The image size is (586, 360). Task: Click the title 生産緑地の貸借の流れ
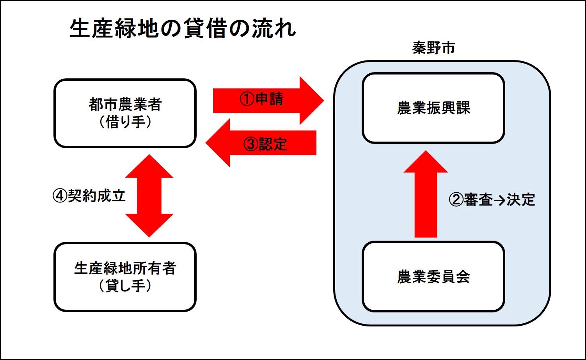tap(183, 28)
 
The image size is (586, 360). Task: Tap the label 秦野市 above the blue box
tap(433, 48)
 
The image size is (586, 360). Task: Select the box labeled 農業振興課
tap(433, 108)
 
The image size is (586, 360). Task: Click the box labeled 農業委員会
tap(433, 277)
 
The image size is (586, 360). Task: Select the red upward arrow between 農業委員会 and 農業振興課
tap(426, 195)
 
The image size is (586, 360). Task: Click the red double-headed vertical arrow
tap(149, 196)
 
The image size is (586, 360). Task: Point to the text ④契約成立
tap(89, 195)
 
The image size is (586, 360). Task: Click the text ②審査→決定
tap(492, 200)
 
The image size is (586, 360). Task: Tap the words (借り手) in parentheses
tap(125, 122)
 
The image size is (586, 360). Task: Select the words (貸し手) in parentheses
tap(125, 286)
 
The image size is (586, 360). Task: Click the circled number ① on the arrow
tap(247, 99)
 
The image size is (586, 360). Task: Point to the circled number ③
tap(251, 144)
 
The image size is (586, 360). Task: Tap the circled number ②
tap(456, 200)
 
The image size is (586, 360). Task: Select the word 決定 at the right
tap(521, 200)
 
